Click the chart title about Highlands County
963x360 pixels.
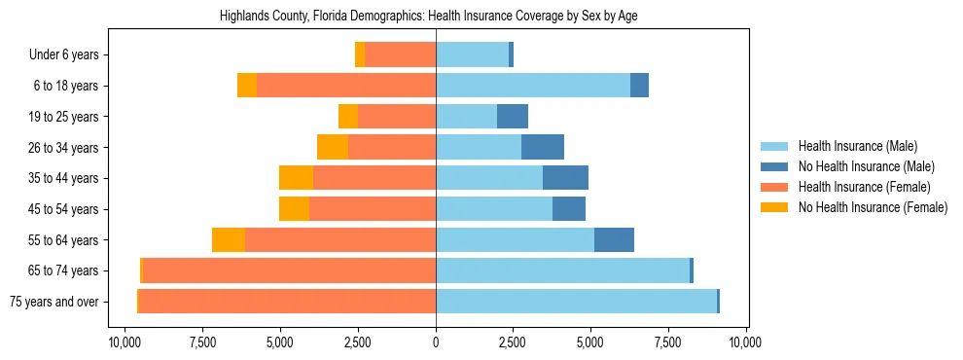[x=435, y=17]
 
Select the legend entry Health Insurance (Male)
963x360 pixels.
[x=857, y=146]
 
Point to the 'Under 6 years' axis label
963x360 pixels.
[x=63, y=55]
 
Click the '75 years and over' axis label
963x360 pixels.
[x=53, y=302]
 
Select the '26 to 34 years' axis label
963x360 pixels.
[x=63, y=148]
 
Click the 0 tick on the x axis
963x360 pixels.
[x=436, y=342]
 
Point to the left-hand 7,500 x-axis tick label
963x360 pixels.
[x=202, y=342]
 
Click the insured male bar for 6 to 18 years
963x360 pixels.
[x=533, y=86]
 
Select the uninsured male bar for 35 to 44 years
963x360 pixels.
[x=565, y=178]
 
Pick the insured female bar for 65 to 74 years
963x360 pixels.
[x=289, y=270]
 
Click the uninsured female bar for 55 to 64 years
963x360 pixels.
[x=229, y=239]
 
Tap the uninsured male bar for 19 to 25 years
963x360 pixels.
[x=513, y=117]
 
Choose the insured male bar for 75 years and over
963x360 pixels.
[x=576, y=302]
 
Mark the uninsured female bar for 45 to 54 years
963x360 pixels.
[x=294, y=209]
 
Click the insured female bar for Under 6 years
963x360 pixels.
[x=400, y=55]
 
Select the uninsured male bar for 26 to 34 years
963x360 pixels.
[x=543, y=148]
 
